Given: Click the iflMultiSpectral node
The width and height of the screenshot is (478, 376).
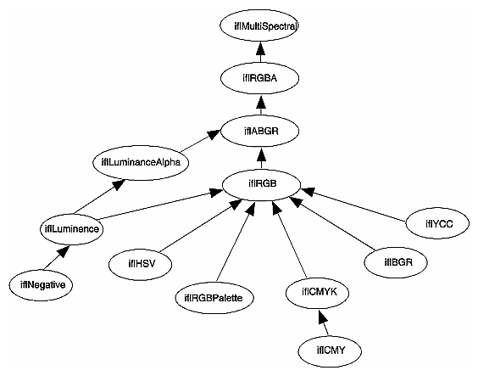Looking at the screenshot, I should [x=264, y=26].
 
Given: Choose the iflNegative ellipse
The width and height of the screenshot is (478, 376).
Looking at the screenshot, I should [x=39, y=283].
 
